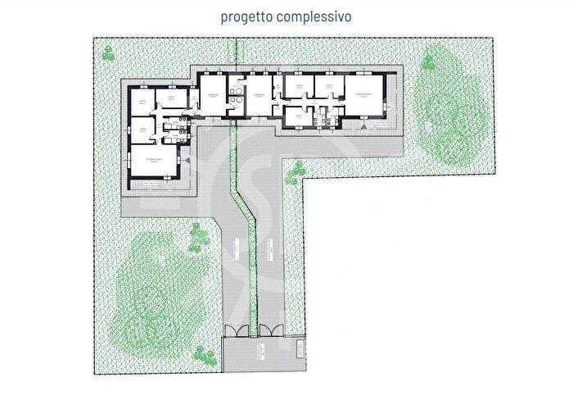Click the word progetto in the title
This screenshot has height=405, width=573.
[245, 16]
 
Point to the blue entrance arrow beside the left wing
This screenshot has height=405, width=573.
[187, 162]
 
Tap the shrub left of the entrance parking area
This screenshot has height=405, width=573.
[201, 355]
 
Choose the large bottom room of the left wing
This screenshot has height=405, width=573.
[154, 162]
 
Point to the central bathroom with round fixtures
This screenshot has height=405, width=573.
[235, 94]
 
